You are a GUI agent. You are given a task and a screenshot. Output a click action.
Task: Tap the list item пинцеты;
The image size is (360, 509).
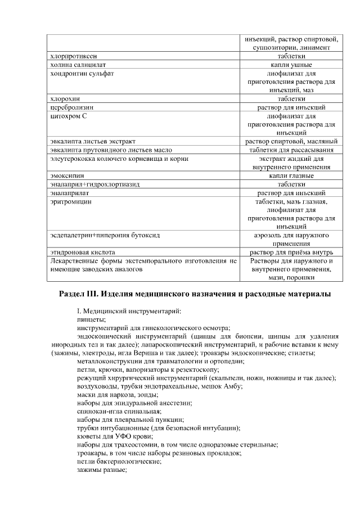coord(91,319)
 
